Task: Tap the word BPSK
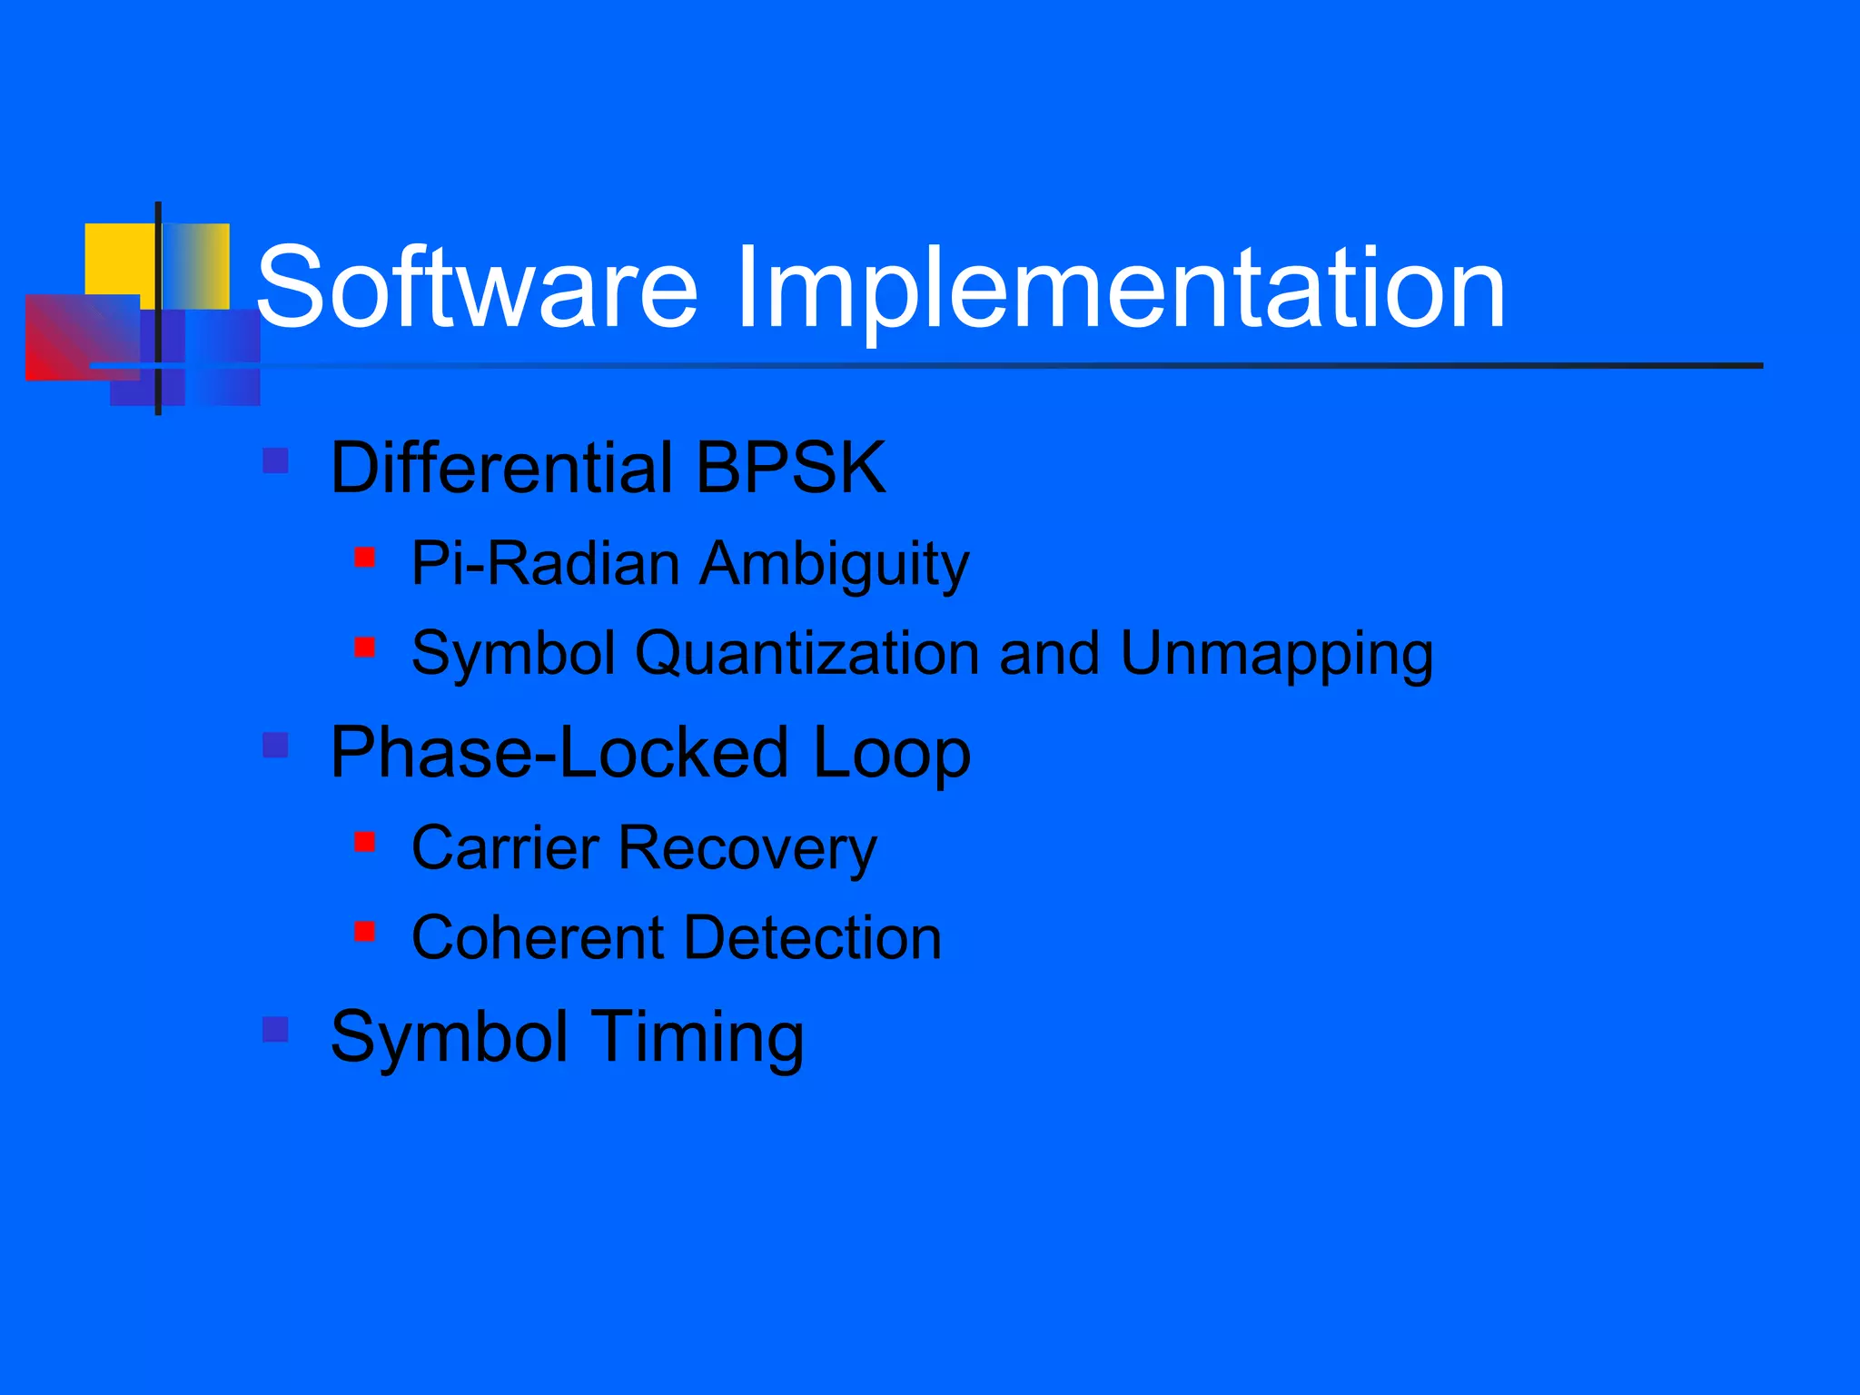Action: (x=790, y=468)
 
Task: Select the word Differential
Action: (x=502, y=468)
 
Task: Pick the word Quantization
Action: (x=806, y=654)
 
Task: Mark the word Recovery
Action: (x=747, y=849)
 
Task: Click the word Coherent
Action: (x=539, y=937)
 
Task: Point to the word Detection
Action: (x=813, y=937)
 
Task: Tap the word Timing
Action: (x=699, y=1038)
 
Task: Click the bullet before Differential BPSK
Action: (x=275, y=460)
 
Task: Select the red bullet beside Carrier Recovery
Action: (x=365, y=842)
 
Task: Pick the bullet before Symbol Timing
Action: (x=275, y=1029)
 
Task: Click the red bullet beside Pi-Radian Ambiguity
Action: (x=365, y=557)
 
